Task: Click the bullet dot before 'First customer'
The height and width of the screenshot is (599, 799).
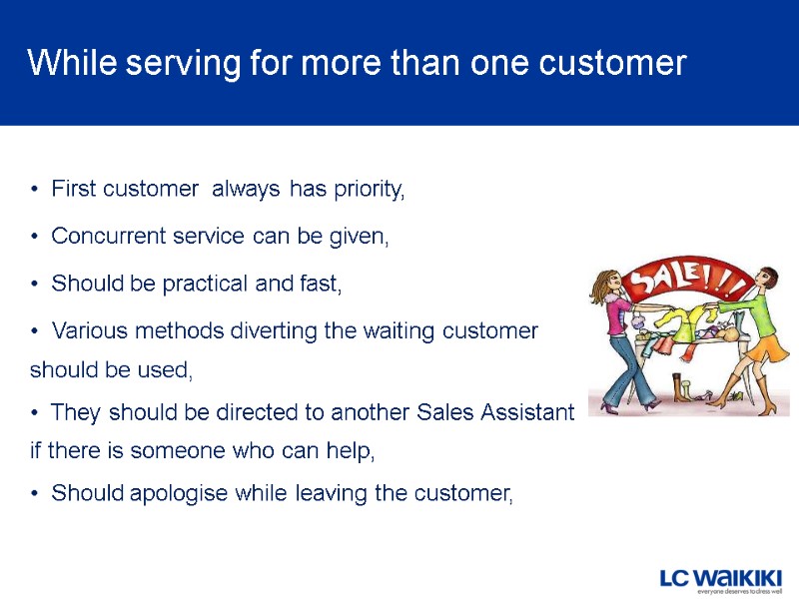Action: point(35,189)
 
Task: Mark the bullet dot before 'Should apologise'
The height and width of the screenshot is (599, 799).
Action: point(35,493)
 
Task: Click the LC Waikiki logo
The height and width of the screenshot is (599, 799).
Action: point(720,576)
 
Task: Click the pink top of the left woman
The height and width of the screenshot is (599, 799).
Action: point(617,314)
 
